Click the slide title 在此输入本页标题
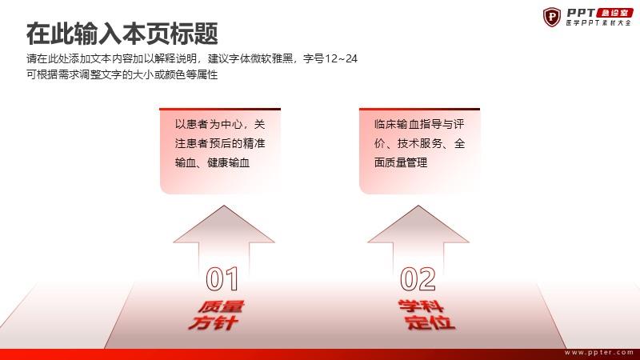(x=122, y=34)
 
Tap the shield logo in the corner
(x=552, y=17)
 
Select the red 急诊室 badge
(x=614, y=13)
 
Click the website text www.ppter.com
(x=598, y=352)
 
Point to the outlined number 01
(x=222, y=279)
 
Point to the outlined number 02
(x=418, y=279)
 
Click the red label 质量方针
(x=216, y=315)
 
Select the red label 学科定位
(x=426, y=314)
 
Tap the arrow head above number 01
(x=224, y=225)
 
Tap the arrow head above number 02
(x=418, y=225)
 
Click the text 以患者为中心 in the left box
(x=210, y=124)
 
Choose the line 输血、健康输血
(x=212, y=162)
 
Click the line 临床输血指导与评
(x=419, y=124)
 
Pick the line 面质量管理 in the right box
(x=401, y=162)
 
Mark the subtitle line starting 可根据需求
(x=122, y=74)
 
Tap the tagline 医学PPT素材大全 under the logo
(x=598, y=23)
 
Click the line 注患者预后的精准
(x=220, y=143)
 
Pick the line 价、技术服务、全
(x=419, y=143)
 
